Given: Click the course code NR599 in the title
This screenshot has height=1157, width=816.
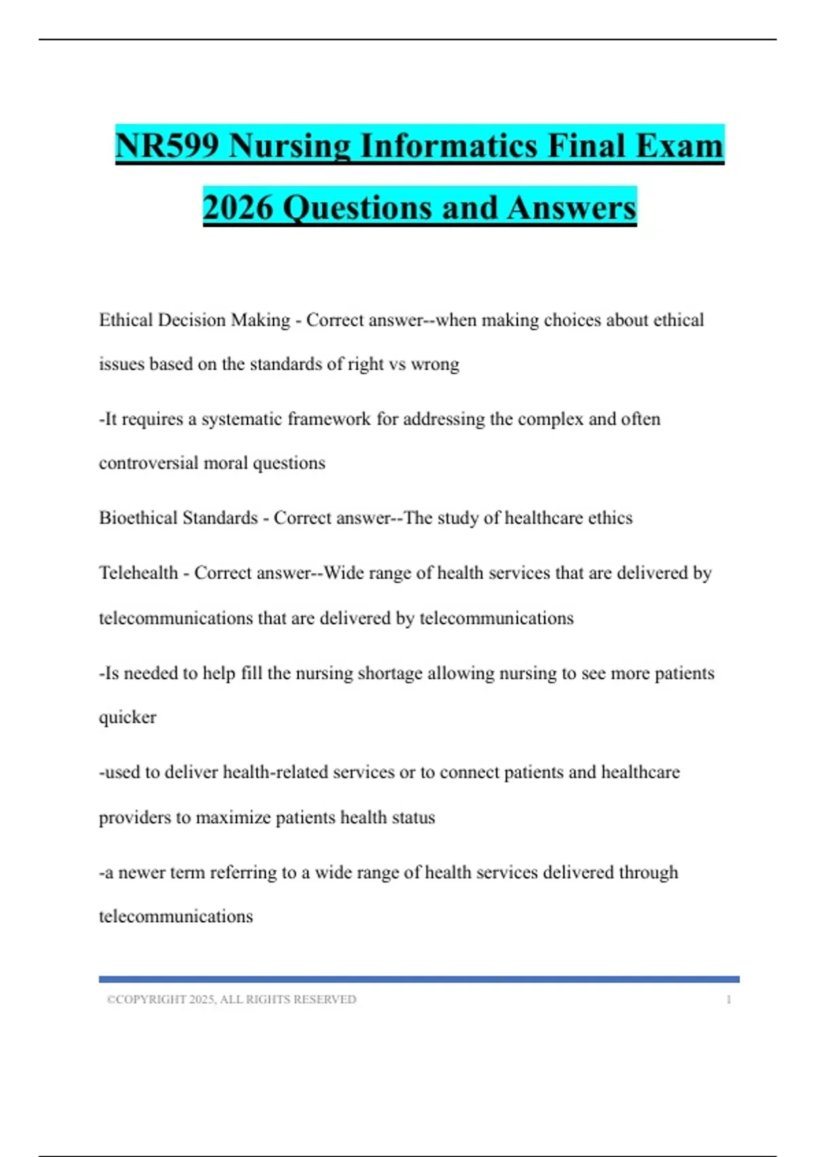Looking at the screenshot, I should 167,146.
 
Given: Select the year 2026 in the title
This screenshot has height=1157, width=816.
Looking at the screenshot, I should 238,208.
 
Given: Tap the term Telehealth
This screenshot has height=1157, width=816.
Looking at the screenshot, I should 138,573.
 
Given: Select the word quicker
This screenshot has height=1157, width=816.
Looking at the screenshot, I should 127,717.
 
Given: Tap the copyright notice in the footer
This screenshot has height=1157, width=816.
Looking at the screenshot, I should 231,999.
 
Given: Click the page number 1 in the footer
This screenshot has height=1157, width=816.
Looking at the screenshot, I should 728,999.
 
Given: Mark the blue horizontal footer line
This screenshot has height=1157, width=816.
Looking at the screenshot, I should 419,979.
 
